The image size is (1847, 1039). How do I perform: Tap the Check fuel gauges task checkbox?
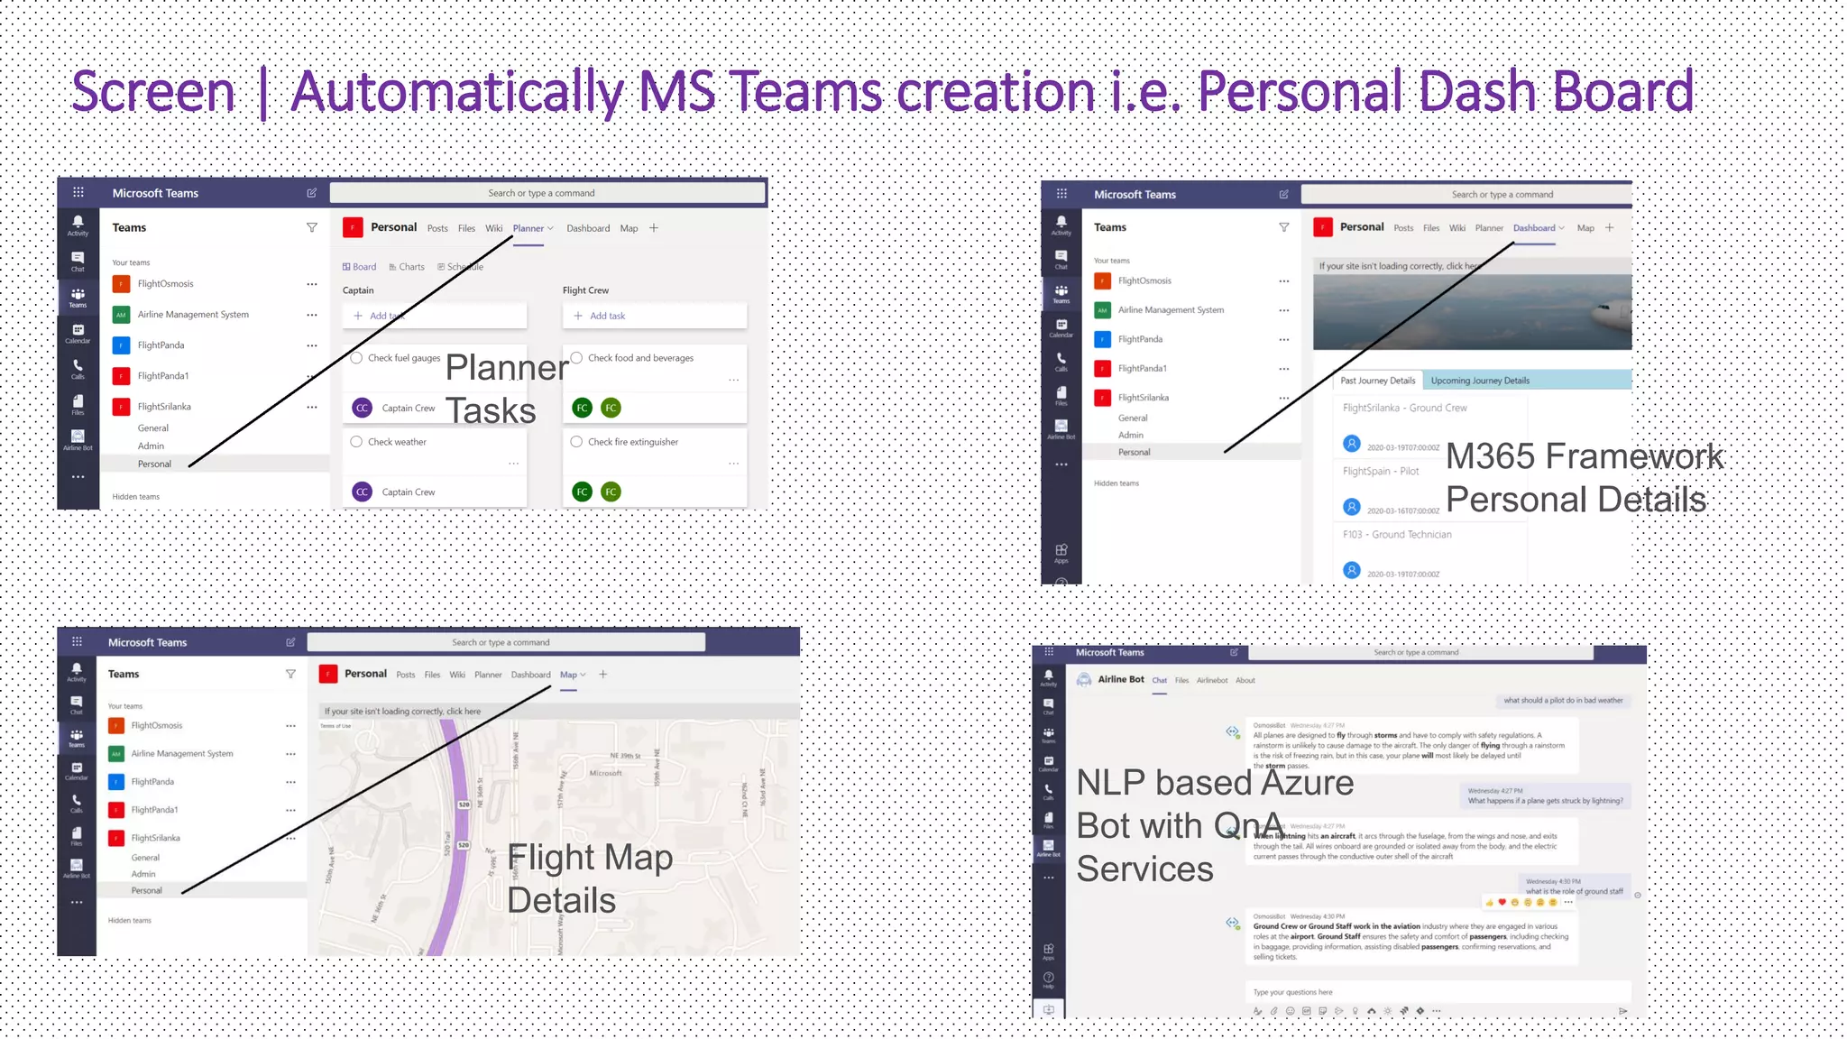357,358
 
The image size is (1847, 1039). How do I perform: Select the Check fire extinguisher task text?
633,442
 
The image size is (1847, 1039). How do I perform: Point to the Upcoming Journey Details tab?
1480,381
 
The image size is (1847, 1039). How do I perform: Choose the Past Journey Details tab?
1377,381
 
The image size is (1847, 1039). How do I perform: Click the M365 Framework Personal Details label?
1583,478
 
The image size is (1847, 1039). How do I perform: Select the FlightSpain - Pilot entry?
1381,471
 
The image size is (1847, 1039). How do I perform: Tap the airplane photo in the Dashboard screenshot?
1472,311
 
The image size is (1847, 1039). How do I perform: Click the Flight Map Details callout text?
588,878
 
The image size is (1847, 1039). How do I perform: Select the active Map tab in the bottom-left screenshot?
569,675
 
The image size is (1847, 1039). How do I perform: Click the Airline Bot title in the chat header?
1120,680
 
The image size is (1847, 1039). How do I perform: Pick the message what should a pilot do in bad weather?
1562,701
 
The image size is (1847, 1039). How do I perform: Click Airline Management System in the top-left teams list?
193,315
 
